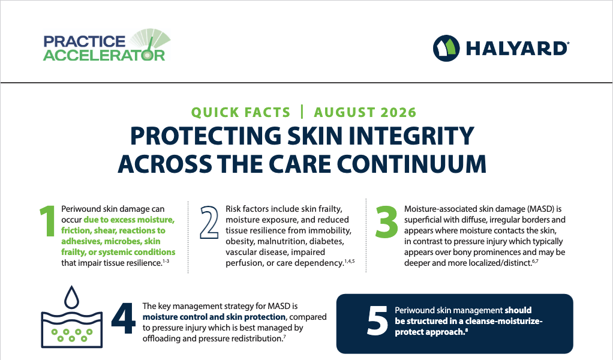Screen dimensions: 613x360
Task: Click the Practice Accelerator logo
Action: point(107,45)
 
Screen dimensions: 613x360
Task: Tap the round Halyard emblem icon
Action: point(446,49)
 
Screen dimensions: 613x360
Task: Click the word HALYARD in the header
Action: point(517,49)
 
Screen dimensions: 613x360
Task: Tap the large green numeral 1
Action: point(48,221)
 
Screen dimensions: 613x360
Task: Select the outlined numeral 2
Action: point(209,222)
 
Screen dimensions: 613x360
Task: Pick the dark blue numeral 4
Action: point(124,318)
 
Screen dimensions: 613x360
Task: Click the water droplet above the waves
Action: point(71,298)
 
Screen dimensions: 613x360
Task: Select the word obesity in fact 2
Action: point(239,242)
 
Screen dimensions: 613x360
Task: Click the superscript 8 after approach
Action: point(467,330)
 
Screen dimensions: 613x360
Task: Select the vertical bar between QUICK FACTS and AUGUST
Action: point(302,112)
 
